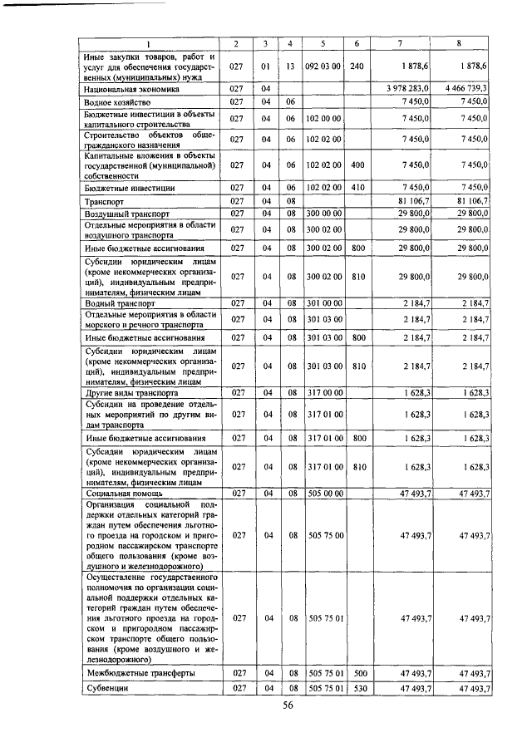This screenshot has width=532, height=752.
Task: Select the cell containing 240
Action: pos(357,66)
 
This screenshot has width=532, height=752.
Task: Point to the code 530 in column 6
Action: pos(357,689)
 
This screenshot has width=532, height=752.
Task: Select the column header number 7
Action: pos(401,43)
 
